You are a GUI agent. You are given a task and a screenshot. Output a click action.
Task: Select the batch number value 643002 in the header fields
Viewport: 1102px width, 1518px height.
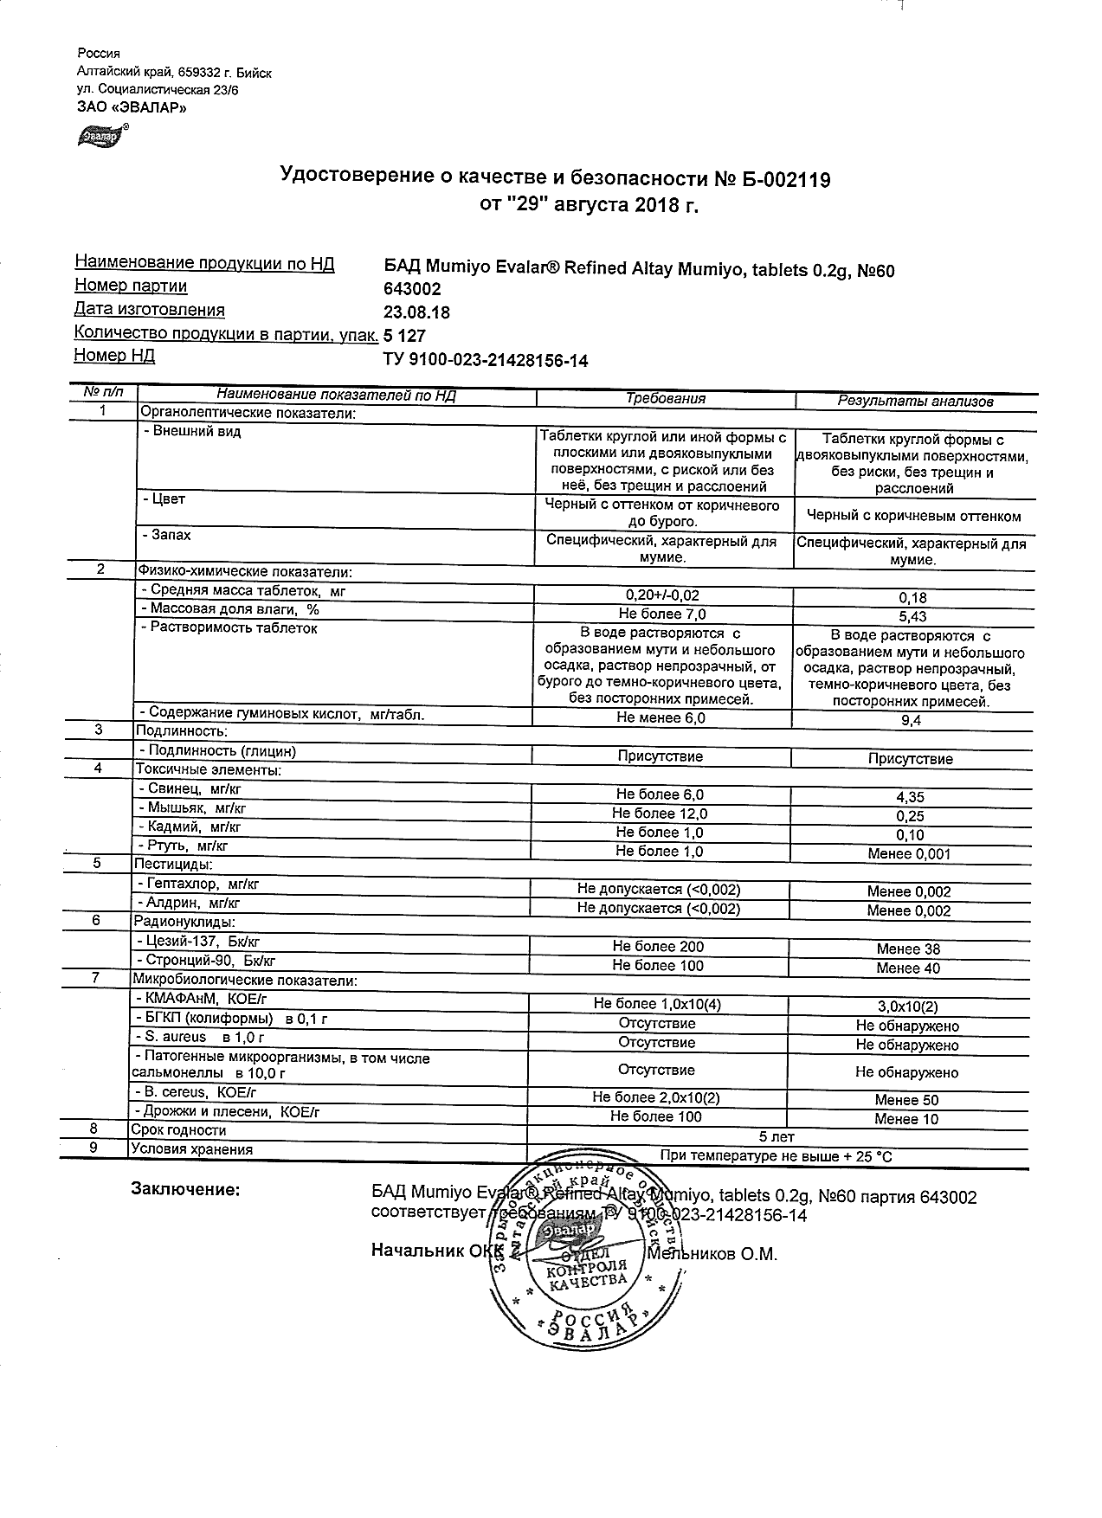point(412,290)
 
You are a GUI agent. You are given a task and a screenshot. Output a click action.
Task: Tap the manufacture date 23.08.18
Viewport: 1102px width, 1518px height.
point(416,312)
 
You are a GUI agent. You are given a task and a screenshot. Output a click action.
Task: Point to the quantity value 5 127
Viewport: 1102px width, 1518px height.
point(404,336)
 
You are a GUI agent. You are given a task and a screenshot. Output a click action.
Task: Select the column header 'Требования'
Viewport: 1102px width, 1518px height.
point(665,399)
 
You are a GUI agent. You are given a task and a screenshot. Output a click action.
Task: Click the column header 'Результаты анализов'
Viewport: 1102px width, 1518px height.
point(915,401)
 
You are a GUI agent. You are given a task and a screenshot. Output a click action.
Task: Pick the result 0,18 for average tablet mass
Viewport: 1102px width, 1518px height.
point(913,598)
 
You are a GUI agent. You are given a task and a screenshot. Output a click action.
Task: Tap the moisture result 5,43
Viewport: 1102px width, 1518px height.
point(913,616)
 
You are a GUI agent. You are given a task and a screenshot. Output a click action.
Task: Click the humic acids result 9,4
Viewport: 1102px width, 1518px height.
point(913,720)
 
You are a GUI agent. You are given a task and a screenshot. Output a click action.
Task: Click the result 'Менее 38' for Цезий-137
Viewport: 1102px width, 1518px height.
point(908,949)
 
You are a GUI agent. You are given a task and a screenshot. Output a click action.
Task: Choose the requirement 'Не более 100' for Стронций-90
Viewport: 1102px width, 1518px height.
point(657,966)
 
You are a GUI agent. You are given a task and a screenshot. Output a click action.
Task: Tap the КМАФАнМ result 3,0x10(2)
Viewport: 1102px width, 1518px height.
point(906,1007)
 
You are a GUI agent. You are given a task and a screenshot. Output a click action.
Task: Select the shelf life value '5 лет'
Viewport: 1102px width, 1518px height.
point(776,1136)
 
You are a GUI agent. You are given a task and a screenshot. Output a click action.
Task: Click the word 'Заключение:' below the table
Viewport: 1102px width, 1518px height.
point(184,1190)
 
